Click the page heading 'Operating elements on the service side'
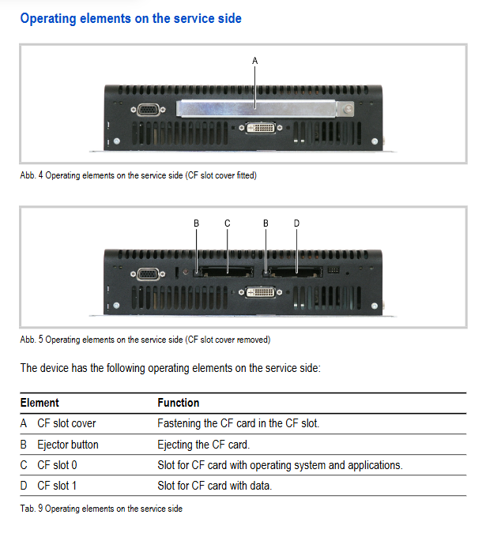pyautogui.click(x=130, y=17)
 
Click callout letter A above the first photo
pyautogui.click(x=254, y=60)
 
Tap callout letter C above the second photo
pyautogui.click(x=228, y=223)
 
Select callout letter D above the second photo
pyautogui.click(x=296, y=223)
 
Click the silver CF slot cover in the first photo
pyautogui.click(x=261, y=107)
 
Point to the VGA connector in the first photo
pyautogui.click(x=148, y=111)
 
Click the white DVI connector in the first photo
pyautogui.click(x=259, y=128)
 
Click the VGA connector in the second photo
pyautogui.click(x=148, y=275)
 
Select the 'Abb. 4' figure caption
pyautogui.click(x=138, y=175)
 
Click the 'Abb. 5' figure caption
pyautogui.click(x=145, y=340)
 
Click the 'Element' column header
pyautogui.click(x=40, y=403)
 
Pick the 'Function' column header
pyautogui.click(x=178, y=403)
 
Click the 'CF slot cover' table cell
pyautogui.click(x=66, y=423)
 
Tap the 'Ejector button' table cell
pyautogui.click(x=68, y=444)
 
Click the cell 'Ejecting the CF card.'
pyautogui.click(x=203, y=444)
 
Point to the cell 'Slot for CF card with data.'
pyautogui.click(x=214, y=486)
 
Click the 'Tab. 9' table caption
pyautogui.click(x=101, y=509)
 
